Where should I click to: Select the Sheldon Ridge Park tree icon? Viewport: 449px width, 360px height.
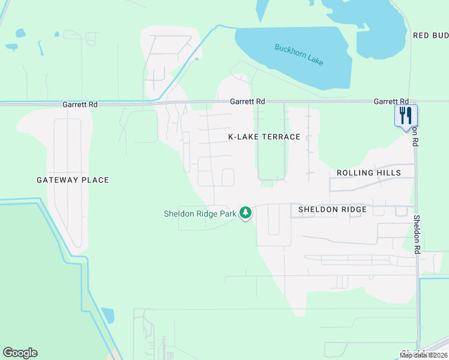point(245,212)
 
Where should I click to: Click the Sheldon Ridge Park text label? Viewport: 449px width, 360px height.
point(200,214)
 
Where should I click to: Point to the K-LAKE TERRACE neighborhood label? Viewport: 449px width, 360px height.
point(264,137)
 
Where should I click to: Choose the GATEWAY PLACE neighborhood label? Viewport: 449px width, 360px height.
point(73,180)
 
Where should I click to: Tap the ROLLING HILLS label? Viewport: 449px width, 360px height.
point(368,173)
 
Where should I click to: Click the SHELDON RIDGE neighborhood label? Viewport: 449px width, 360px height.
point(333,209)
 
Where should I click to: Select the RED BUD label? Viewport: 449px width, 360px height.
point(430,35)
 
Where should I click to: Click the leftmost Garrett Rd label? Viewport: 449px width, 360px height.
point(80,104)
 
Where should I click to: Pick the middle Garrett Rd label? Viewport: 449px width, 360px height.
point(247,102)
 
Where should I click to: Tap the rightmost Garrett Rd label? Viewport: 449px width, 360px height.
point(391,102)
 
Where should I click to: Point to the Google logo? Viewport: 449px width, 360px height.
point(20,353)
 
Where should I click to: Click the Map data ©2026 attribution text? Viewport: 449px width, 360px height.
point(424,355)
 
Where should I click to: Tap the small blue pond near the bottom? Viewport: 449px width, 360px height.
point(108,315)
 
